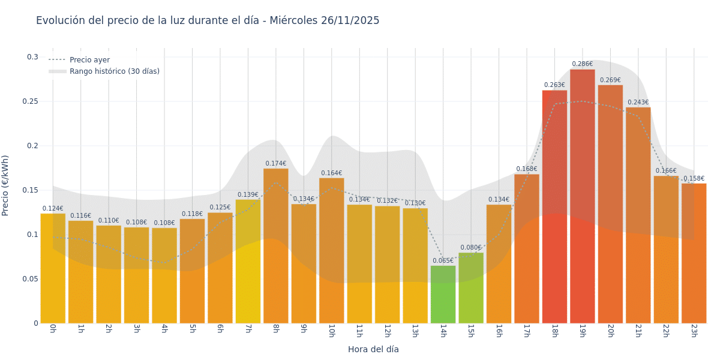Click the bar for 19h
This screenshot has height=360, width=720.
point(582,198)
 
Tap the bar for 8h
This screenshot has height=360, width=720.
point(275,246)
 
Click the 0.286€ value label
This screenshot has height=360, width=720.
point(582,64)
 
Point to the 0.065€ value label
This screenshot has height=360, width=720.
point(443,261)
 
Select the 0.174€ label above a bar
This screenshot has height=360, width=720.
point(275,163)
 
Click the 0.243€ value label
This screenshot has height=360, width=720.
point(638,103)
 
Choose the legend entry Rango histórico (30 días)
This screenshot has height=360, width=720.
point(114,71)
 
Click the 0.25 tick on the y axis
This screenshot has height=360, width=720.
point(31,101)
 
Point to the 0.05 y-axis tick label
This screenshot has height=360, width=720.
point(31,279)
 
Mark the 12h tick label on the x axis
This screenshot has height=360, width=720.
point(387,331)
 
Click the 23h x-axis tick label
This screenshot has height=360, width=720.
point(694,331)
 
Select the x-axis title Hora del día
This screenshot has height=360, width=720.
point(373,349)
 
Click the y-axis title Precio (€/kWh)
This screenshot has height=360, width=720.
point(6,185)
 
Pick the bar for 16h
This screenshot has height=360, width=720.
point(499,264)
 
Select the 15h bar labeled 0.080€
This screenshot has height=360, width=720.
point(471,288)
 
